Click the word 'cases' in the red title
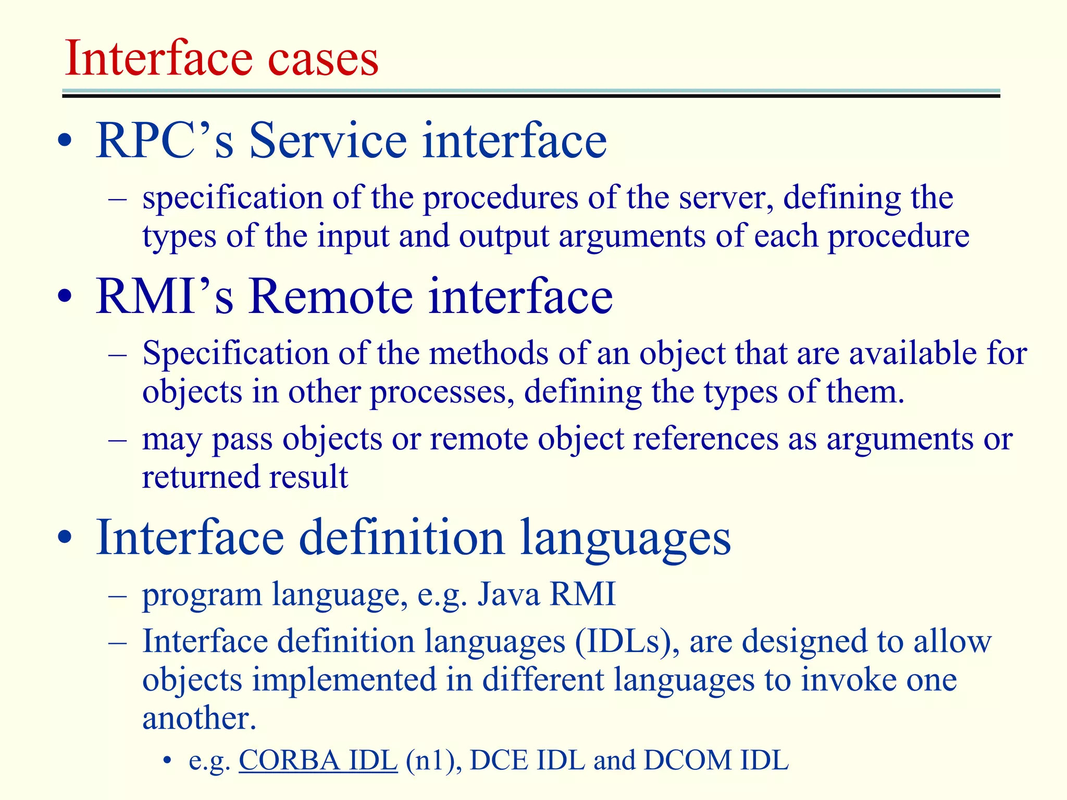pyautogui.click(x=323, y=58)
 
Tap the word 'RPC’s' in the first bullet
pyautogui.click(x=165, y=140)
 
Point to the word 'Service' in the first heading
pyautogui.click(x=328, y=140)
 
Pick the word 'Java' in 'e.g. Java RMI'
pyautogui.click(x=508, y=594)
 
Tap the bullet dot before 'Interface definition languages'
pyautogui.click(x=65, y=538)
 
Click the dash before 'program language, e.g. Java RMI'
pyautogui.click(x=118, y=594)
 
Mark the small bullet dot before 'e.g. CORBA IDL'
pyautogui.click(x=167, y=761)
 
